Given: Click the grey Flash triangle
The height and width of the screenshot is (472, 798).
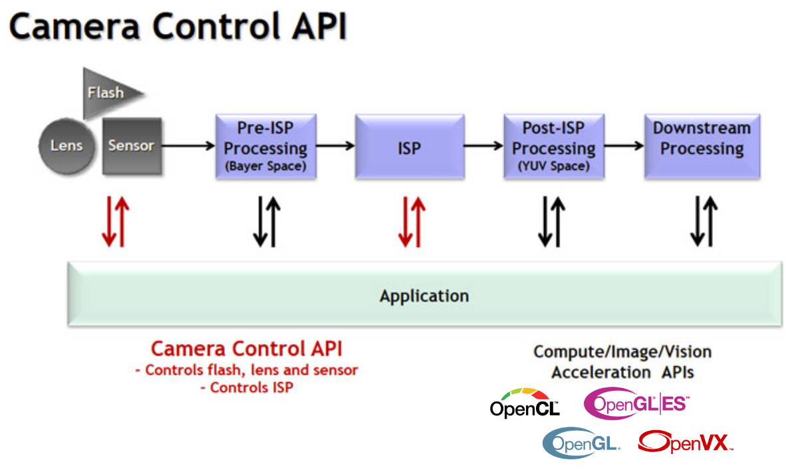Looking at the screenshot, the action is tap(107, 93).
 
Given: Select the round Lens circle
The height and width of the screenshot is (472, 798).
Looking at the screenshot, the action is tap(66, 146).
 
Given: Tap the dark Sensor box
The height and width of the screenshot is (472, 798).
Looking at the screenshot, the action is tap(132, 146).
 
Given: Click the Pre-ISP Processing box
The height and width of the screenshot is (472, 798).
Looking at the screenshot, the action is tap(266, 146).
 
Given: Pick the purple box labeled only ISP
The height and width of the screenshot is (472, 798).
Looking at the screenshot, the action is tap(410, 146).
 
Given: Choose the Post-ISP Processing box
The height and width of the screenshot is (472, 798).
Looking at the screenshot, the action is tap(554, 146).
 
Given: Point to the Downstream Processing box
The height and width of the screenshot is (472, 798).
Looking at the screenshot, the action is tap(702, 146).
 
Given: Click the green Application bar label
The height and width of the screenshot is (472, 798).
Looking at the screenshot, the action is tap(424, 296).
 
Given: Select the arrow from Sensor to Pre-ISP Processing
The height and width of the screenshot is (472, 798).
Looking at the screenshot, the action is tap(188, 146).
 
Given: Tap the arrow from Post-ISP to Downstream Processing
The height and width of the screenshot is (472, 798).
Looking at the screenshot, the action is tap(624, 146).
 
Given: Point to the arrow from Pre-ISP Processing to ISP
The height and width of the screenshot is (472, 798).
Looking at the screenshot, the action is tap(336, 146).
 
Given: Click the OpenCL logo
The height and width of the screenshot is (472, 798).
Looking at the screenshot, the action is tap(525, 403).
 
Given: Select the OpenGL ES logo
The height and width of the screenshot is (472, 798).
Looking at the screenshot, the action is tap(636, 403).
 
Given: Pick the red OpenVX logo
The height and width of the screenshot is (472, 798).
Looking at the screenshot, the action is tap(686, 442).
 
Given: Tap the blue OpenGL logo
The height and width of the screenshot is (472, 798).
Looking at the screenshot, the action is tap(581, 443).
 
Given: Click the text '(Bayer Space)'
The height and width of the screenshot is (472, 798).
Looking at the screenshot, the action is tap(266, 166).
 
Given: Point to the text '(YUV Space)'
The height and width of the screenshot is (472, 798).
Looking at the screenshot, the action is tap(554, 166).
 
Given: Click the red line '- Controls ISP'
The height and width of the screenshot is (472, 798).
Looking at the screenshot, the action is tap(247, 387).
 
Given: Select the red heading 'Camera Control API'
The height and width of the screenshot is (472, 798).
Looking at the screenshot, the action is tap(247, 349).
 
